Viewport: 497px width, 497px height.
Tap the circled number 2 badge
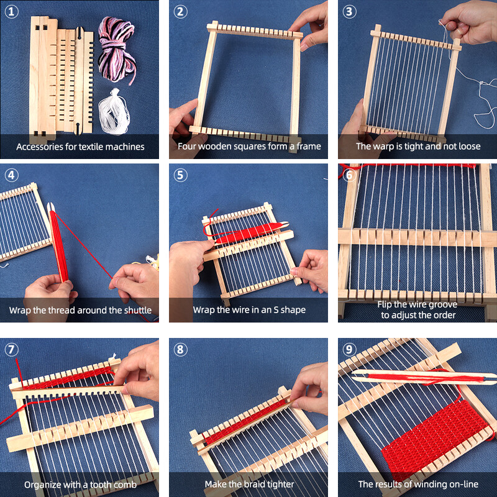pos(180,11)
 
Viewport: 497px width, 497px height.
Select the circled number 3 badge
pos(349,11)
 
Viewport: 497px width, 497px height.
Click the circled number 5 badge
pos(180,175)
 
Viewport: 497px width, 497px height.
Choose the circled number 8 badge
pos(180,349)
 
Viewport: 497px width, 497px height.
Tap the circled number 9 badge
pos(349,349)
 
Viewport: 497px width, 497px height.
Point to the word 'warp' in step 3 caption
pos(389,147)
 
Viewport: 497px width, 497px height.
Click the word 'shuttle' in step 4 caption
pos(135,310)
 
